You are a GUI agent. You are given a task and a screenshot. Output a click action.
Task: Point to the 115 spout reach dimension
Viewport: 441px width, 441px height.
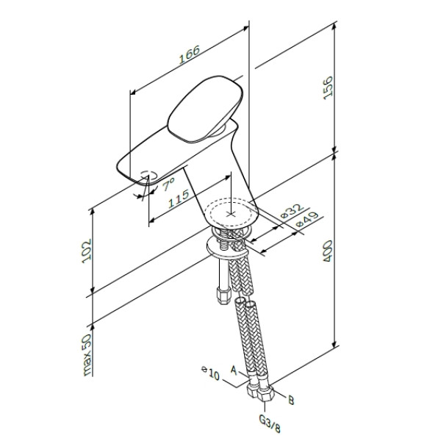coord(175,201)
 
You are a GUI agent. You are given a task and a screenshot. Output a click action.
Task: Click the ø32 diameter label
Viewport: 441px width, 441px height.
coord(294,212)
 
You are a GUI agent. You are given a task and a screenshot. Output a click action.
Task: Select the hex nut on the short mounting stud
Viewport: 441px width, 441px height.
coord(221,296)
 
